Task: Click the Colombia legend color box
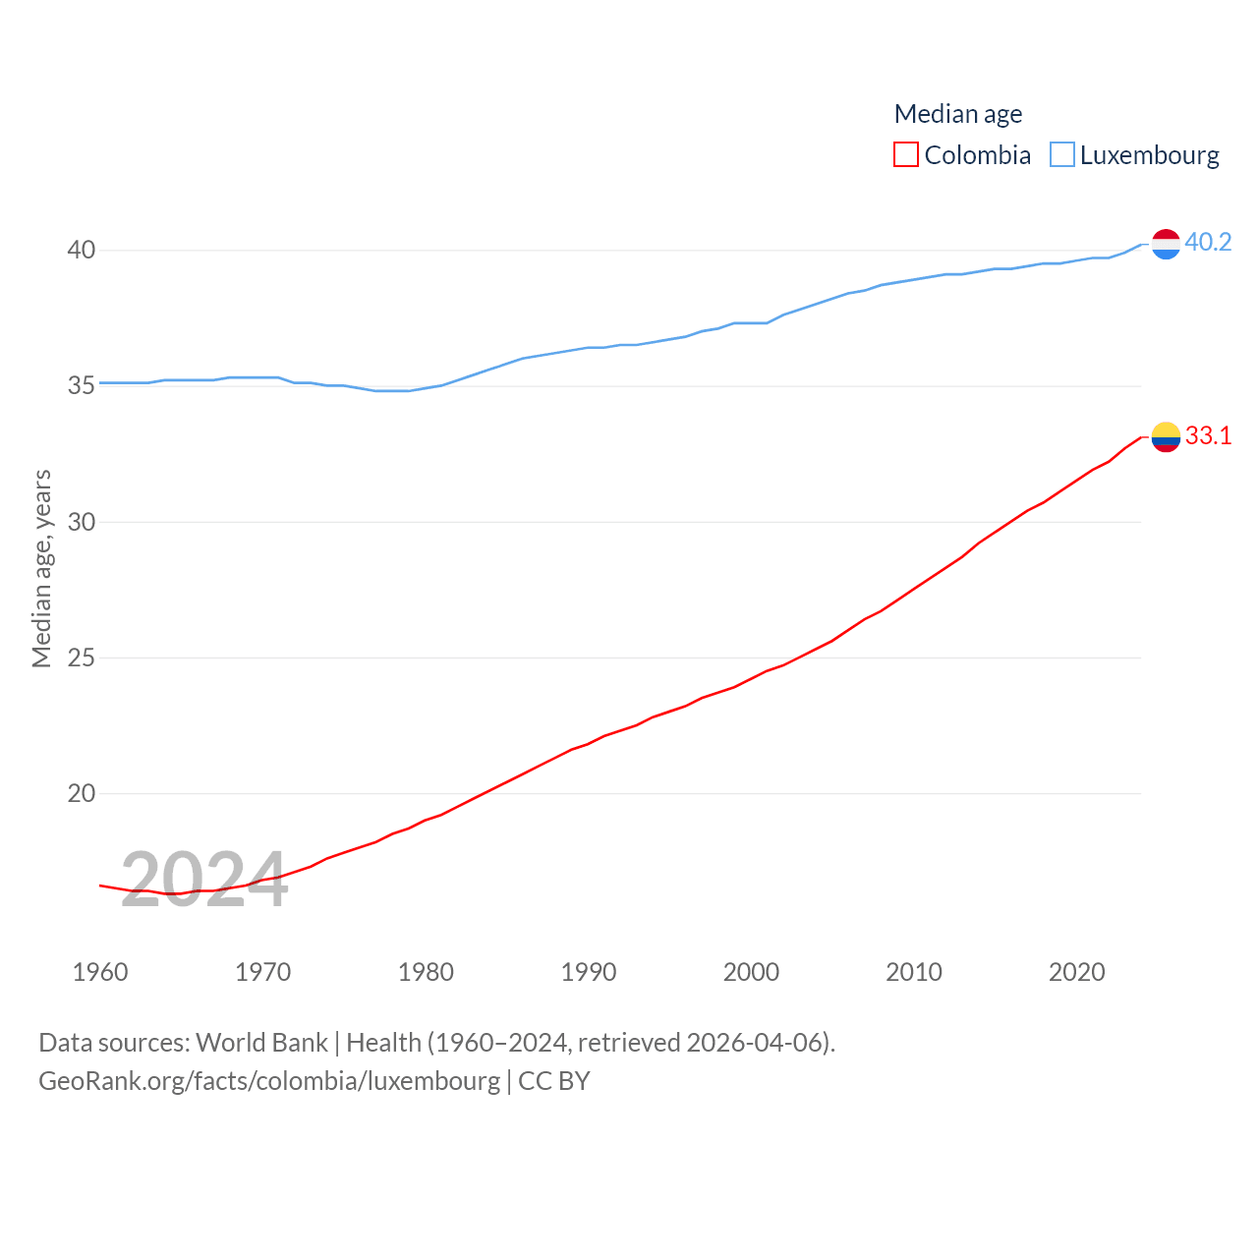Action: point(906,155)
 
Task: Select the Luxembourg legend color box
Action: point(1062,155)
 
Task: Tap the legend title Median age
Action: point(958,114)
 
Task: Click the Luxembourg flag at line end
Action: point(1166,244)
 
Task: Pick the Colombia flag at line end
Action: point(1166,436)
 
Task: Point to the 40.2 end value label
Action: point(1208,242)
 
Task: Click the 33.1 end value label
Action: point(1208,435)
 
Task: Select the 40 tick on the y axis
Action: point(82,251)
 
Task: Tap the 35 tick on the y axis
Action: point(82,386)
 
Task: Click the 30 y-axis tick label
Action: point(82,522)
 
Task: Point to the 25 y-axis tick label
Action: point(82,658)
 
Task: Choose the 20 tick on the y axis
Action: point(82,793)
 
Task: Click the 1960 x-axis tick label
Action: point(100,972)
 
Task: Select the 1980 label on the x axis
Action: point(426,972)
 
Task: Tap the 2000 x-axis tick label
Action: point(751,972)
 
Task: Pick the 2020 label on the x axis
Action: point(1076,972)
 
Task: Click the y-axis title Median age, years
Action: point(42,569)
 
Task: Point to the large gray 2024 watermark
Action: point(204,880)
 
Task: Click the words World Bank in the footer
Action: point(261,1043)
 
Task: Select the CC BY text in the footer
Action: point(554,1081)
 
